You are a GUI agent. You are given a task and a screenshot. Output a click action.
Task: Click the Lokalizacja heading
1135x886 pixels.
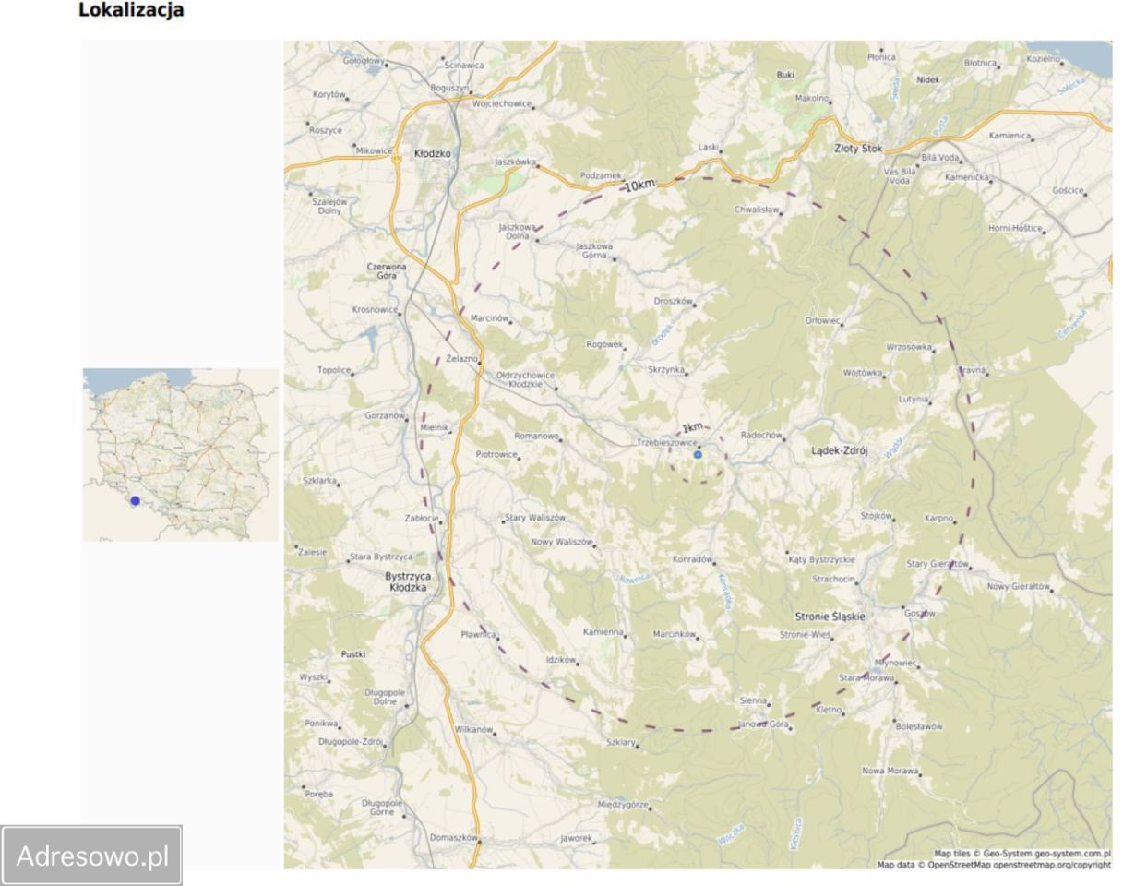pyautogui.click(x=131, y=11)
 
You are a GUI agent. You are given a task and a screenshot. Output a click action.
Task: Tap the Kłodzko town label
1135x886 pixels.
pyautogui.click(x=433, y=153)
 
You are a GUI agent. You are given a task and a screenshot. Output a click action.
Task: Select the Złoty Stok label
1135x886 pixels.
pyautogui.click(x=858, y=148)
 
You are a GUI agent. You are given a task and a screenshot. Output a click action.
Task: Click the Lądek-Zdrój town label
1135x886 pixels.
pyautogui.click(x=839, y=451)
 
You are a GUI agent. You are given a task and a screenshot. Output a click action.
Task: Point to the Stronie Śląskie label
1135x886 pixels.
pyautogui.click(x=830, y=617)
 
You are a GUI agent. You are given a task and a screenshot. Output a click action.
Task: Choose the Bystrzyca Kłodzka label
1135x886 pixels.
pyautogui.click(x=408, y=581)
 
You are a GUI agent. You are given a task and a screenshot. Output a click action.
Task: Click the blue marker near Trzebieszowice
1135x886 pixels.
pyautogui.click(x=698, y=455)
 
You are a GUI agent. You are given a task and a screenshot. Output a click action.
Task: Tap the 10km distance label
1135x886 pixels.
pyautogui.click(x=639, y=186)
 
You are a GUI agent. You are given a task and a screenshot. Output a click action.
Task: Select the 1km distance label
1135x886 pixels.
pyautogui.click(x=692, y=427)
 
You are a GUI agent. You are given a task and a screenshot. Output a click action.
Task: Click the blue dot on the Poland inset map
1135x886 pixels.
pyautogui.click(x=135, y=501)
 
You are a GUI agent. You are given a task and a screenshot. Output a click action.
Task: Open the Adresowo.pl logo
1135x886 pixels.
pyautogui.click(x=92, y=856)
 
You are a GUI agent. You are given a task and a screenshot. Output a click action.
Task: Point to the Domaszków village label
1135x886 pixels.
pyautogui.click(x=453, y=838)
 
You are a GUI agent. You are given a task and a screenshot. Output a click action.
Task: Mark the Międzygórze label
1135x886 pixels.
pyautogui.click(x=623, y=805)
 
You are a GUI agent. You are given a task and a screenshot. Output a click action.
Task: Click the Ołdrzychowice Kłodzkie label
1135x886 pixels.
pyautogui.click(x=525, y=379)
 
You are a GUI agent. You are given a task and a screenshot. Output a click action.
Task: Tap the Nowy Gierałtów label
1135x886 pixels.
pyautogui.click(x=1018, y=586)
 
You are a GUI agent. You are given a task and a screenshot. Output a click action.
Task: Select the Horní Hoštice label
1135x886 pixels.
pyautogui.click(x=1015, y=228)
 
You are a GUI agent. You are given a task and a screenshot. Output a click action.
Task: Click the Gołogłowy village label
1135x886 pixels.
pyautogui.click(x=364, y=62)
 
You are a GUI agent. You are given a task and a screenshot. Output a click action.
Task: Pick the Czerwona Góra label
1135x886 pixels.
pyautogui.click(x=387, y=270)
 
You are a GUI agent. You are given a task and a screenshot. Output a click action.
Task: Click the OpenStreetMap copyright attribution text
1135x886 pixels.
pyautogui.click(x=994, y=865)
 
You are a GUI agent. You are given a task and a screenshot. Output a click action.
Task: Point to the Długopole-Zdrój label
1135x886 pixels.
pyautogui.click(x=350, y=741)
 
